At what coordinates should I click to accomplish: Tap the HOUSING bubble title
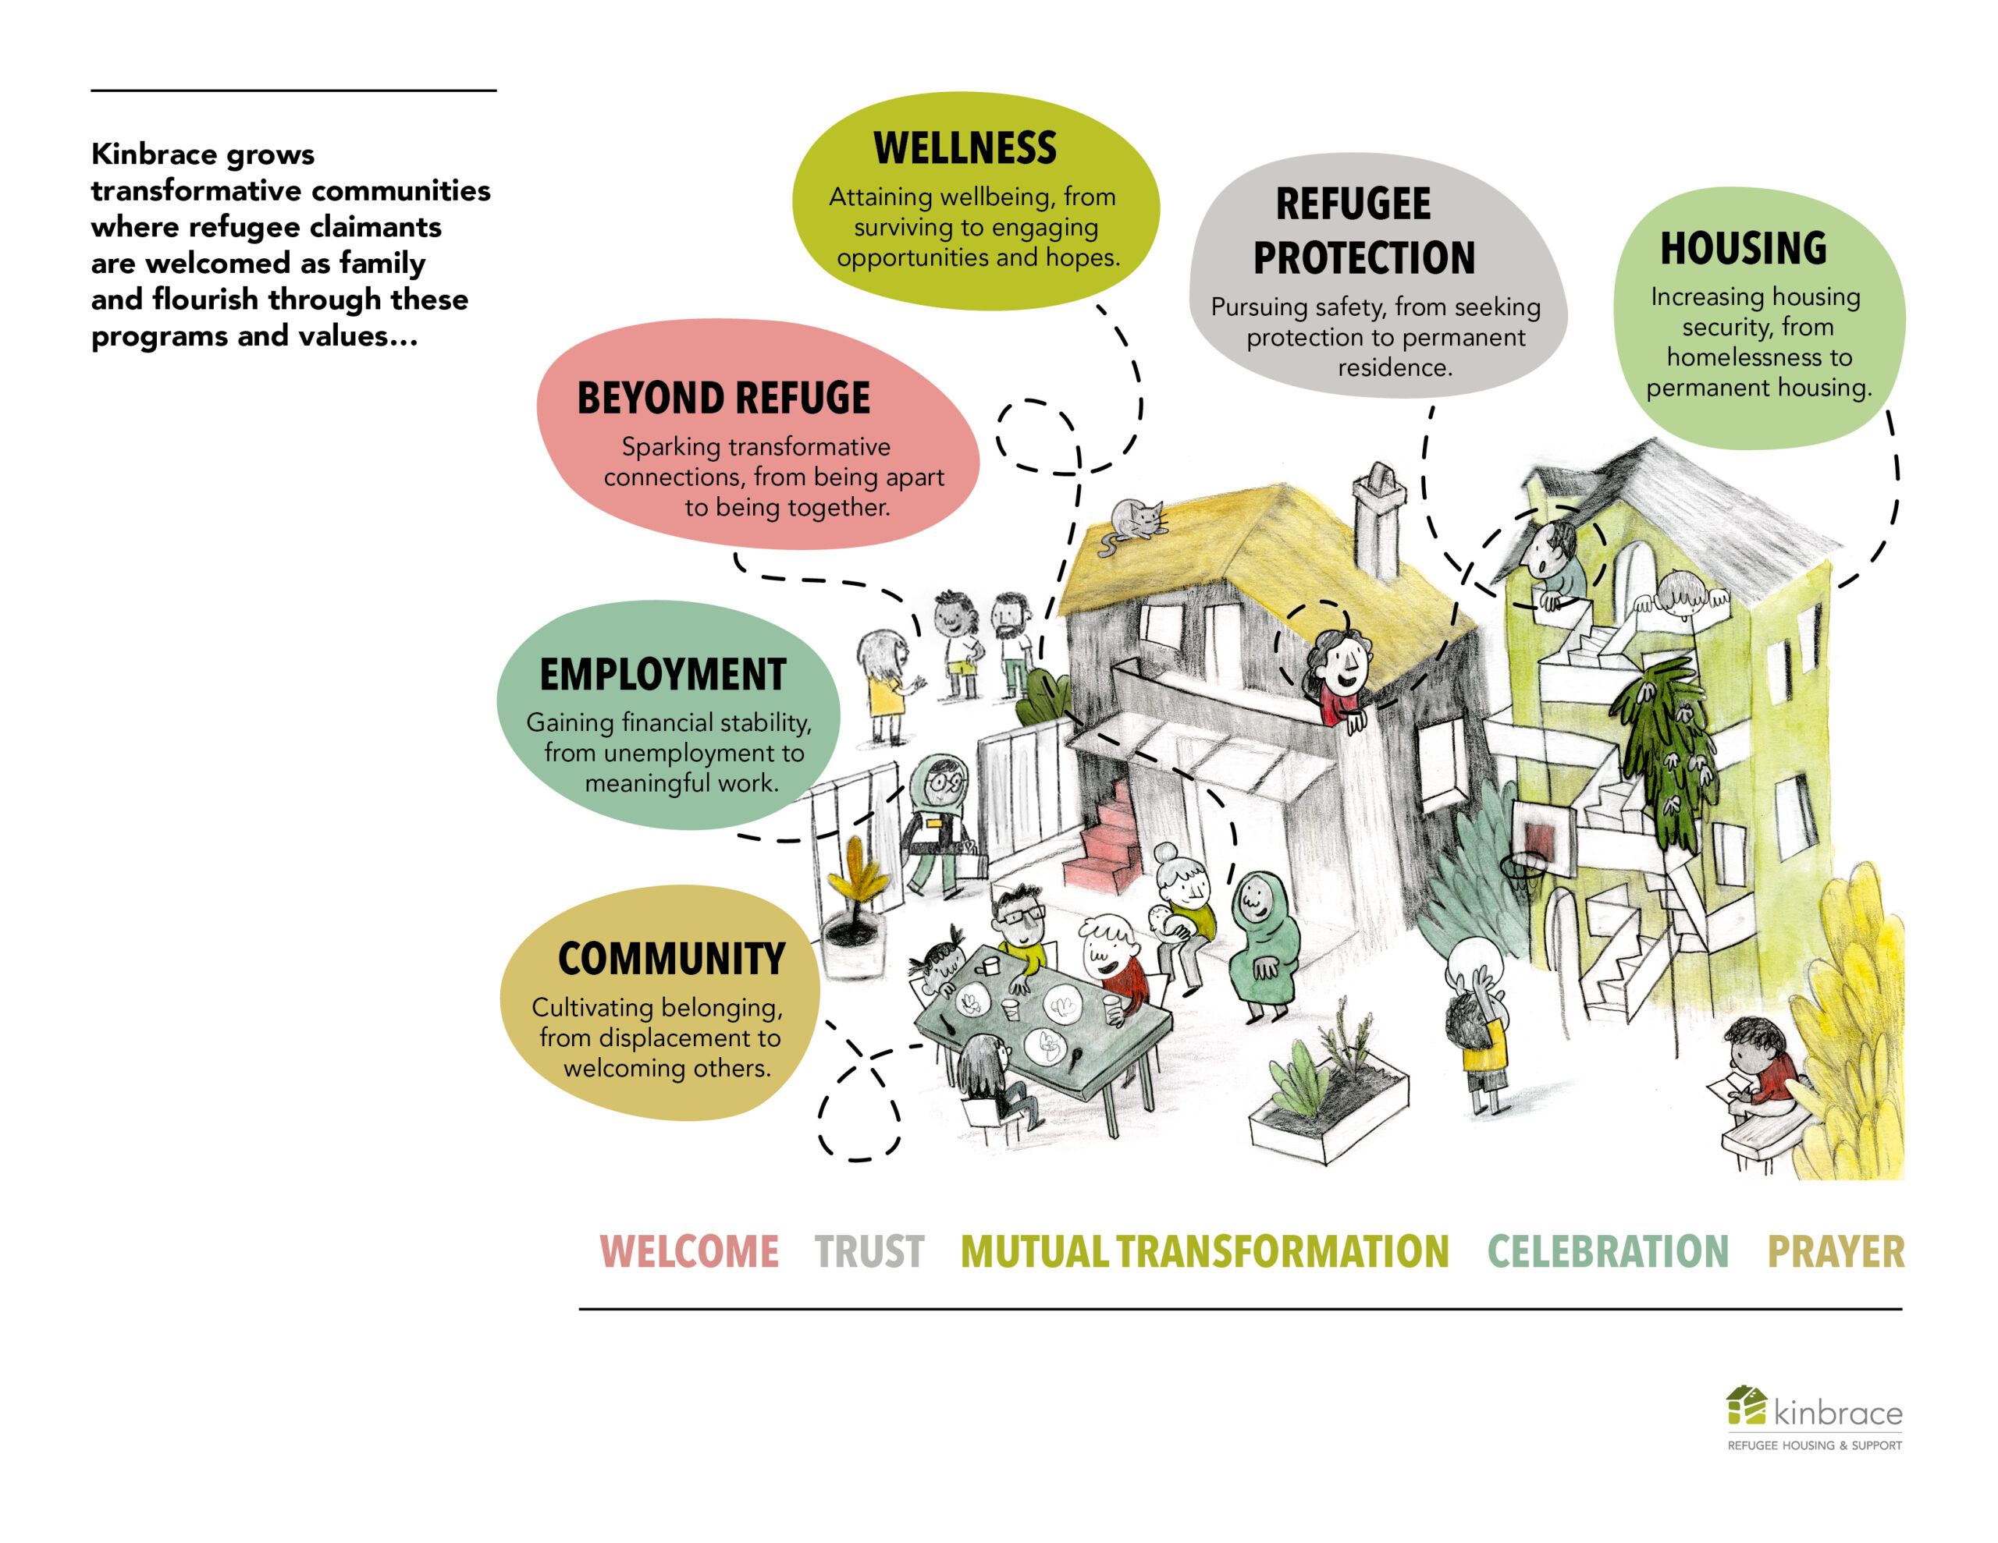coord(1743,248)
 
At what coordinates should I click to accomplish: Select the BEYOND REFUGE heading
coord(723,398)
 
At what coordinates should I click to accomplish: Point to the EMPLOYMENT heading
coord(663,675)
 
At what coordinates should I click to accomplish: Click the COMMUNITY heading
coord(671,959)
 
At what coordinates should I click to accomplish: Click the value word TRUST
coord(869,1252)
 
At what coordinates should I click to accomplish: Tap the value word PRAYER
coord(1835,1252)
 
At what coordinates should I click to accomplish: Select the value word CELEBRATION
coord(1607,1252)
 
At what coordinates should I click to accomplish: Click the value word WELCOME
coord(689,1252)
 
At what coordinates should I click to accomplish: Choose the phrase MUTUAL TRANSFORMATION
coord(1204,1252)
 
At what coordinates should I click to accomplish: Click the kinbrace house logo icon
coord(1745,1406)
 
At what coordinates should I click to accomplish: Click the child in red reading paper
coord(1761,1070)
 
